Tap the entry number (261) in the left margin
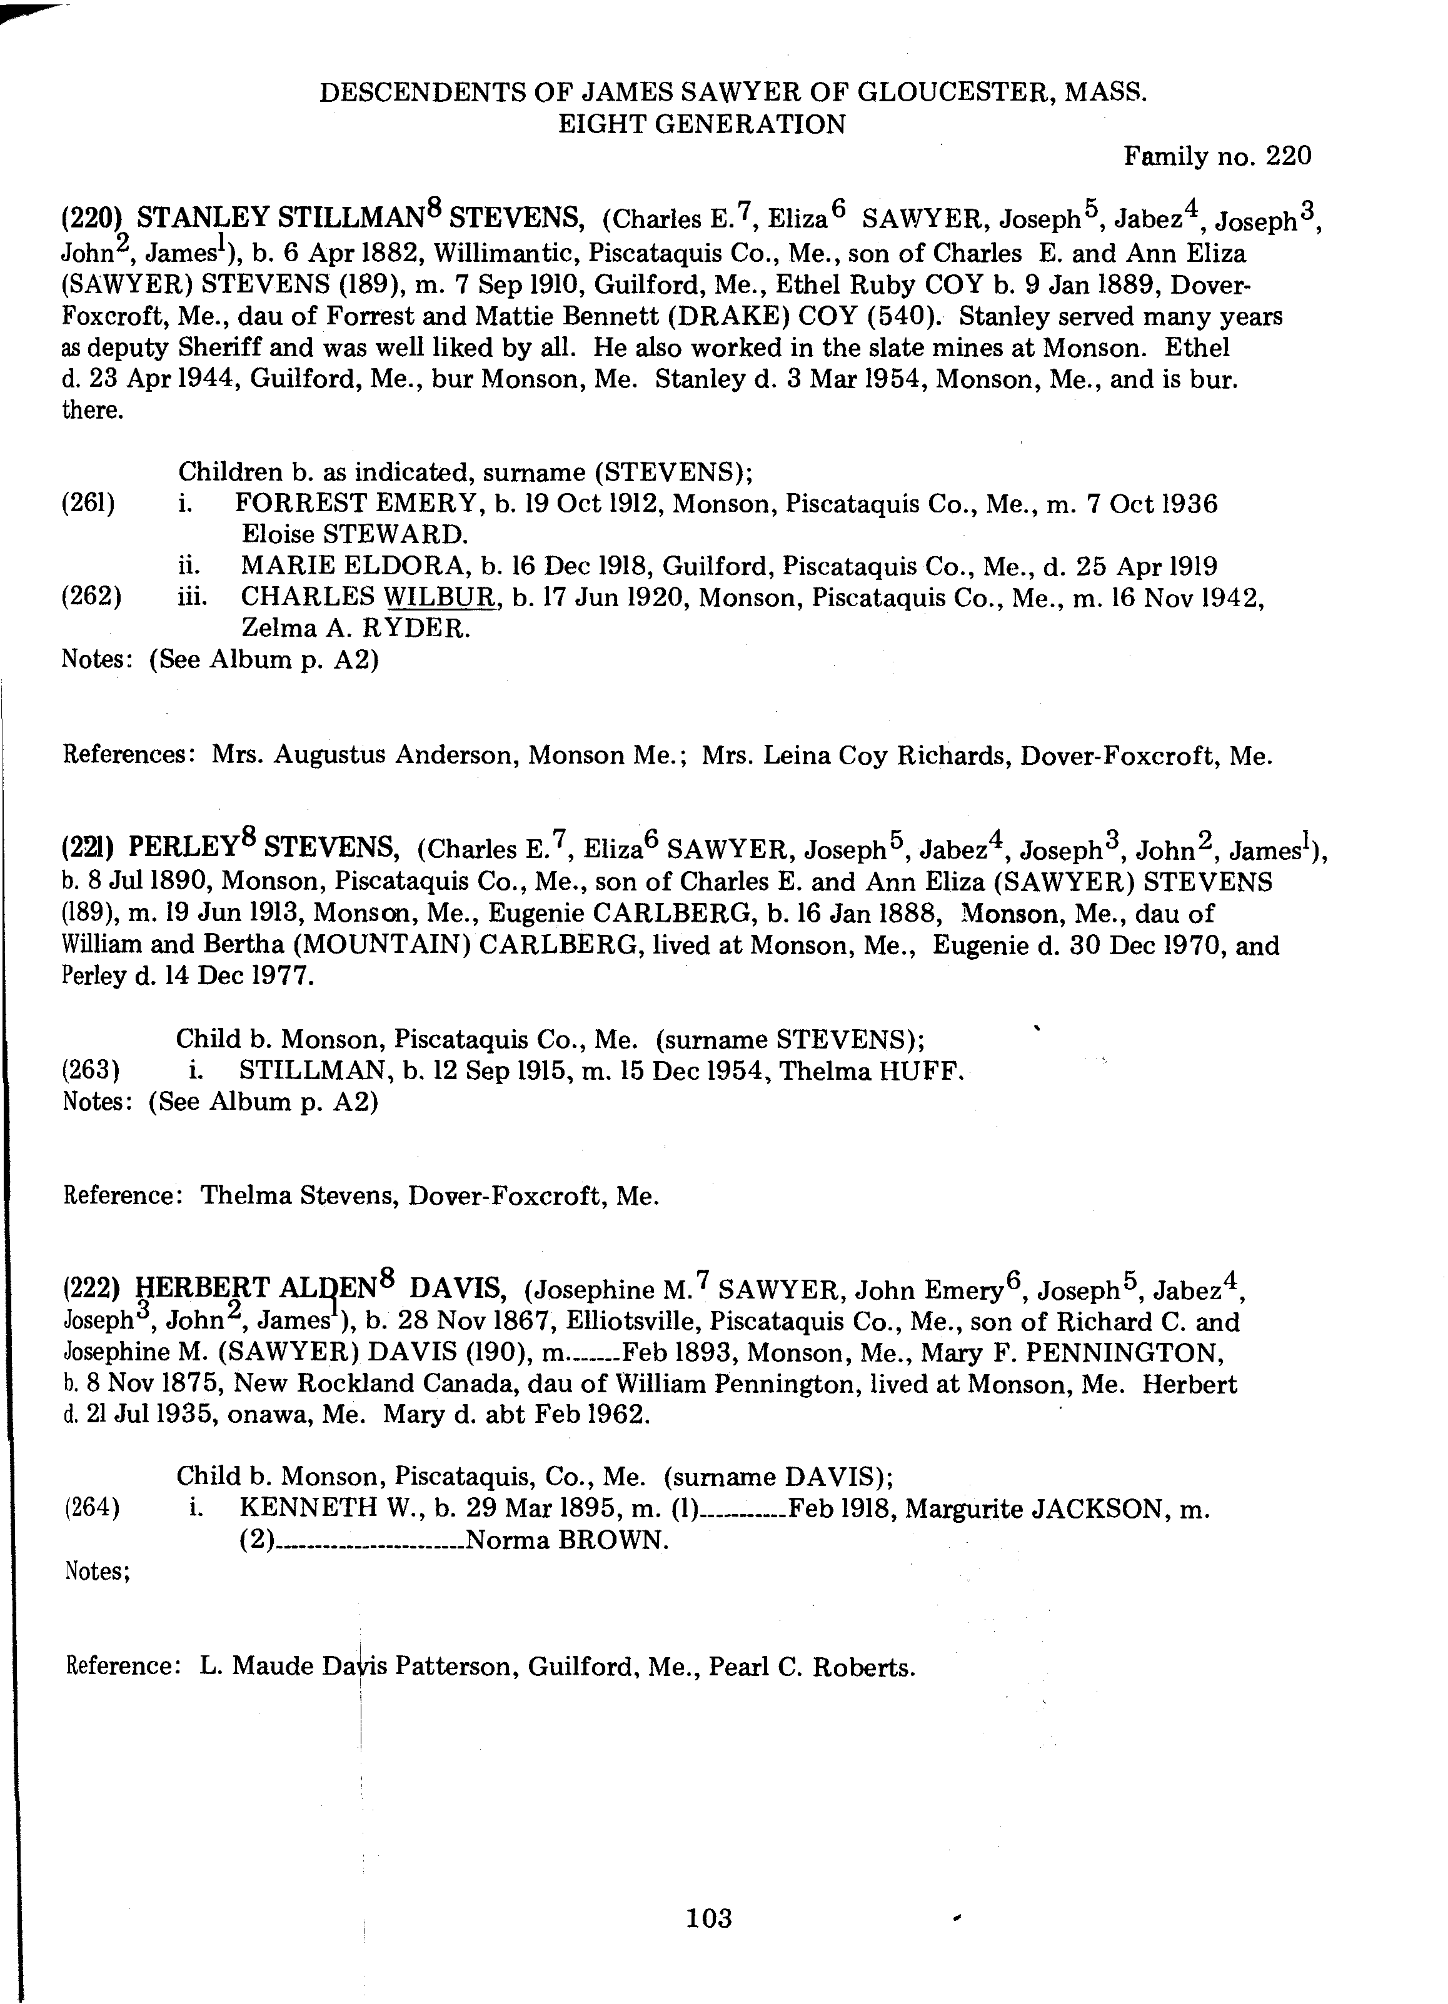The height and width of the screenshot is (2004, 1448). tap(88, 504)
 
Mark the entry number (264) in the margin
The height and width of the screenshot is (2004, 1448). tap(92, 1508)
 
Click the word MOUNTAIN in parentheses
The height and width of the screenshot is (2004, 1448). tap(378, 945)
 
